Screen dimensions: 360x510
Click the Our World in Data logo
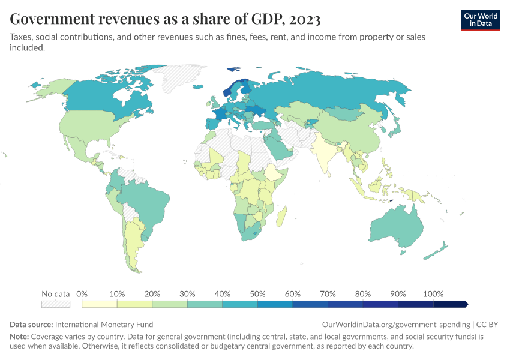(480, 19)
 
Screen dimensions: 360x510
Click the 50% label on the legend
(257, 294)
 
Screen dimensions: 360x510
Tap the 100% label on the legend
(433, 294)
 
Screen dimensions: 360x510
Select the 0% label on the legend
(82, 294)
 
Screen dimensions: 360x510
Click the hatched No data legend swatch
(56, 304)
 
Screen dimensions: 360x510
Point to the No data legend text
(56, 294)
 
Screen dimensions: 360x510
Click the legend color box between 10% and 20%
(134, 304)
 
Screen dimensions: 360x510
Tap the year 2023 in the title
(304, 19)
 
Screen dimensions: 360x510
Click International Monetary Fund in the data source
(104, 324)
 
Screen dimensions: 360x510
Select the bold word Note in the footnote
(19, 337)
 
